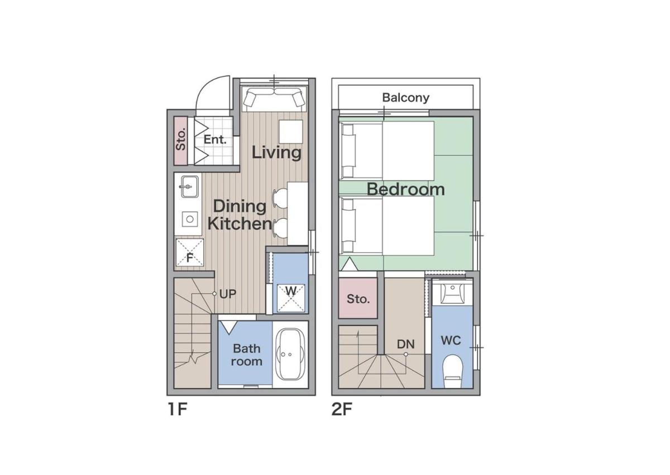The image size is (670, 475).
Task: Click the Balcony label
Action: pyautogui.click(x=405, y=98)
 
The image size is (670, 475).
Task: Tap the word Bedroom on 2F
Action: pyautogui.click(x=405, y=189)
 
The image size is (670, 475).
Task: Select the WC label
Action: pyautogui.click(x=451, y=340)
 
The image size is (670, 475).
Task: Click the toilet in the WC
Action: pyautogui.click(x=452, y=371)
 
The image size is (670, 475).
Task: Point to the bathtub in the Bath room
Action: pyautogui.click(x=290, y=354)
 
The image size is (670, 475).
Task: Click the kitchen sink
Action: pyautogui.click(x=190, y=187)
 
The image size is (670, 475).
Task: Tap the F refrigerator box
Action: pyautogui.click(x=190, y=252)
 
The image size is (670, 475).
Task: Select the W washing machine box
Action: pyautogui.click(x=291, y=298)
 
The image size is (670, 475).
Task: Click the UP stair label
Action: pyautogui.click(x=228, y=294)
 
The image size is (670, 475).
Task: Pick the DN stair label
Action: pyautogui.click(x=405, y=344)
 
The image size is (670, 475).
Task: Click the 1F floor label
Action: pyautogui.click(x=178, y=409)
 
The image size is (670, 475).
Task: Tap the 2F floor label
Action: pyautogui.click(x=342, y=409)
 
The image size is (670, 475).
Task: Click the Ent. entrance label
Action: pyautogui.click(x=215, y=140)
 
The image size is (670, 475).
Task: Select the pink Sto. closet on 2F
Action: pyautogui.click(x=358, y=298)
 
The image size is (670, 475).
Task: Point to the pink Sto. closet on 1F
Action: pyautogui.click(x=181, y=141)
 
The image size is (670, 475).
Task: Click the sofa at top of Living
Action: pyautogui.click(x=275, y=98)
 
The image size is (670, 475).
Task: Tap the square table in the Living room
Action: pyautogui.click(x=291, y=132)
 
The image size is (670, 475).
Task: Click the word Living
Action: pyautogui.click(x=276, y=152)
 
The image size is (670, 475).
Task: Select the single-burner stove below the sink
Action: pyautogui.click(x=190, y=219)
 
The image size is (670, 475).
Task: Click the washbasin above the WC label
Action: pyautogui.click(x=452, y=293)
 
